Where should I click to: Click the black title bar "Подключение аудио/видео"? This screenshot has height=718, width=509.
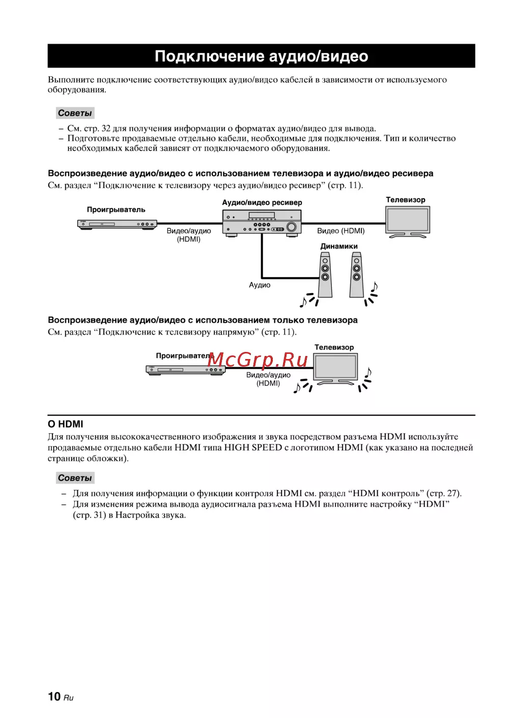pos(261,56)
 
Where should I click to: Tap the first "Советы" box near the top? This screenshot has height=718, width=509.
pos(75,113)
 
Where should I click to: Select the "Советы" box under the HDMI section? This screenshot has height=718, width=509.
pos(75,478)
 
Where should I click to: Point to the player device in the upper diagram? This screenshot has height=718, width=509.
pos(117,224)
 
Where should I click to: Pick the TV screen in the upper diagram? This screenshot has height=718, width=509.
pos(408,220)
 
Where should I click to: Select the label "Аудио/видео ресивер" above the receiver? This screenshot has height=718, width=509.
pos(262,202)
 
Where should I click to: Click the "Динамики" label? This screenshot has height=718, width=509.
pos(338,246)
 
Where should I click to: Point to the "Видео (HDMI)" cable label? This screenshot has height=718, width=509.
pos(341,231)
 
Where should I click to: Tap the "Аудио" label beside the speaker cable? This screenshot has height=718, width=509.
pos(260,285)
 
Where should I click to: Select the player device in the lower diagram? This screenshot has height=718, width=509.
pos(185,370)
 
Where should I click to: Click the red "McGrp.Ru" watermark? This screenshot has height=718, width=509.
pos(258,360)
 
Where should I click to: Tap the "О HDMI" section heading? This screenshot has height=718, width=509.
pos(65,424)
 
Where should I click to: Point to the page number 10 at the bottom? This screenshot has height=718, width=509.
pos(54,697)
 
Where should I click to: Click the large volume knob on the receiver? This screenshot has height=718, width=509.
pos(292,227)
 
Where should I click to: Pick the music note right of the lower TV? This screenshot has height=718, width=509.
pos(368,374)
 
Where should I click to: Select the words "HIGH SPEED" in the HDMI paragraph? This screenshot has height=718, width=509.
pos(252,447)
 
